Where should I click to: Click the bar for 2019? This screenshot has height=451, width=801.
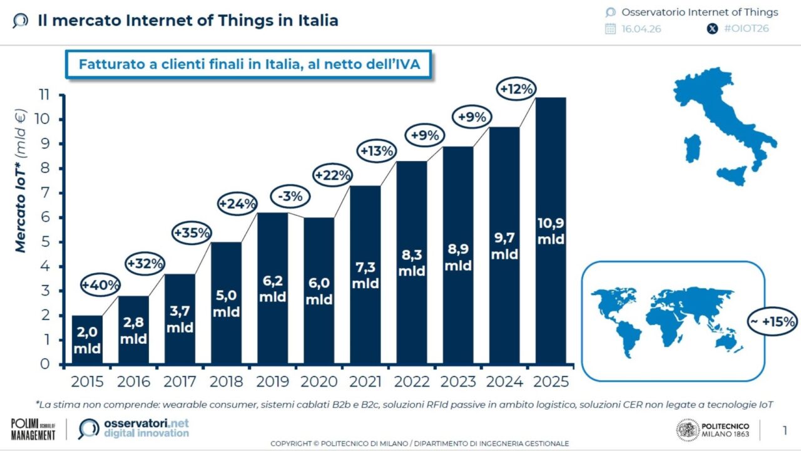(273, 288)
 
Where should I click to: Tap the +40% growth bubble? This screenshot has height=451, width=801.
(100, 286)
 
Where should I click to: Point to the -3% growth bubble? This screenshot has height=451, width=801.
(290, 196)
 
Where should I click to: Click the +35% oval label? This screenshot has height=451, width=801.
(191, 233)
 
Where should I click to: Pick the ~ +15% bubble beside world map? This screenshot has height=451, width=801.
(772, 322)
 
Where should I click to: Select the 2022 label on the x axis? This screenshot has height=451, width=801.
(412, 381)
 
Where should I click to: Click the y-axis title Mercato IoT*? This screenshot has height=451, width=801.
(21, 182)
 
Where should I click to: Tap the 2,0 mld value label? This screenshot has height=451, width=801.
(87, 341)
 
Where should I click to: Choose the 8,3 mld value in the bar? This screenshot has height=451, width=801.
(412, 263)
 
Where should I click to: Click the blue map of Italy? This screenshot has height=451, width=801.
(726, 119)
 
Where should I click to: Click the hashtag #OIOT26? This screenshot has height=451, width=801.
(746, 28)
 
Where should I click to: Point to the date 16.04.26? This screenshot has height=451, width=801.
(641, 29)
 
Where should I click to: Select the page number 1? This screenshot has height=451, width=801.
(785, 430)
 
